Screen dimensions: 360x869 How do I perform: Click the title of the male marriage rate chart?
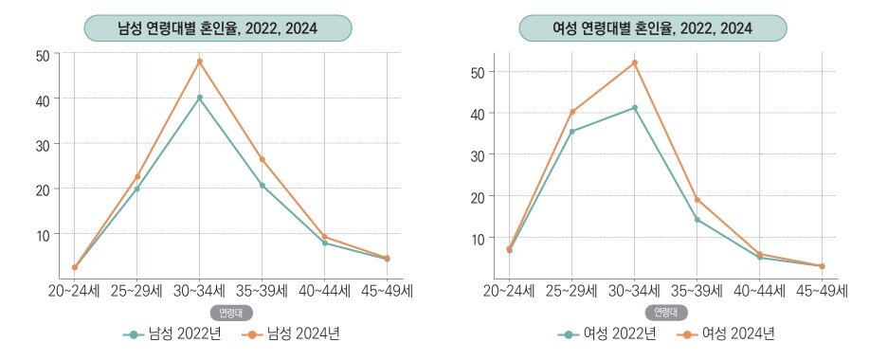click(x=218, y=28)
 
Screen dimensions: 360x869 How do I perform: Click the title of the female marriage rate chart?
click(x=652, y=28)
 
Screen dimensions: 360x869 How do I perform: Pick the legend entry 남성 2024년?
click(x=292, y=333)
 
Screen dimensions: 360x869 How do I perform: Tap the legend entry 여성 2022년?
click(x=610, y=333)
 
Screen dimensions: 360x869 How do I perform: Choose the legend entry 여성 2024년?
click(x=727, y=333)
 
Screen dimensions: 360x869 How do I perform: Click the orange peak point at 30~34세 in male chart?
click(x=199, y=62)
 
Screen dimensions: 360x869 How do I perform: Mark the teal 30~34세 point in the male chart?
click(x=199, y=98)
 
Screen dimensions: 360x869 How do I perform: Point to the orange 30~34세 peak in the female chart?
click(x=634, y=63)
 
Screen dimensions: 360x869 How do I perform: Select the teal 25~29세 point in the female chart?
click(x=571, y=132)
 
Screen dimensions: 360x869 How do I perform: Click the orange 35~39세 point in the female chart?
click(x=697, y=200)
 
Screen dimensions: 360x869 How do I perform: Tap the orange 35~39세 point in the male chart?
click(x=262, y=159)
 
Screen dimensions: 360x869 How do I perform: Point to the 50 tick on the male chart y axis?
click(x=42, y=55)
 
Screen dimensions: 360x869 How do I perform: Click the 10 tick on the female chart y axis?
click(x=479, y=238)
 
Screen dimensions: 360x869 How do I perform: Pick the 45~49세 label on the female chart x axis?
click(x=821, y=291)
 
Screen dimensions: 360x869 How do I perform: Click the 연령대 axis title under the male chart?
click(x=228, y=312)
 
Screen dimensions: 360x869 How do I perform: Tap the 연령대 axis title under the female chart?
click(x=663, y=312)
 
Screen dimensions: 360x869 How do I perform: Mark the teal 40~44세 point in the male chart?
click(x=324, y=243)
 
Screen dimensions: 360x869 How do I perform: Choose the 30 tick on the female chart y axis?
click(x=479, y=154)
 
